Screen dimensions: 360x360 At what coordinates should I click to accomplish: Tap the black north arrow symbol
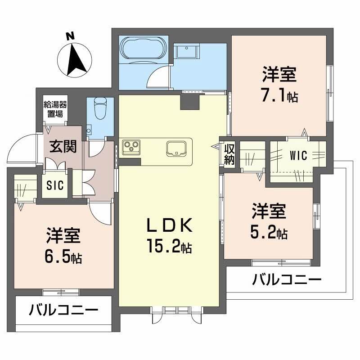(77, 59)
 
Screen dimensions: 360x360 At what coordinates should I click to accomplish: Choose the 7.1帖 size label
(279, 96)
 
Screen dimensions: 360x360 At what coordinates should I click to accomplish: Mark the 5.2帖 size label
(269, 233)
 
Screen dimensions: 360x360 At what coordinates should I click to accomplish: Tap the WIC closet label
(298, 156)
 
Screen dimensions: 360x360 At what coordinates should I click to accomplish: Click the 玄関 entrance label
(63, 147)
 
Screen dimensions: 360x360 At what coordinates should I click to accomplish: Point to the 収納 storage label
(229, 153)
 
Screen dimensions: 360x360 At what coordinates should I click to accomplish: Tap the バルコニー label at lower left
(64, 310)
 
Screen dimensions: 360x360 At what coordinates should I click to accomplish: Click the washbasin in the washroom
(187, 51)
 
